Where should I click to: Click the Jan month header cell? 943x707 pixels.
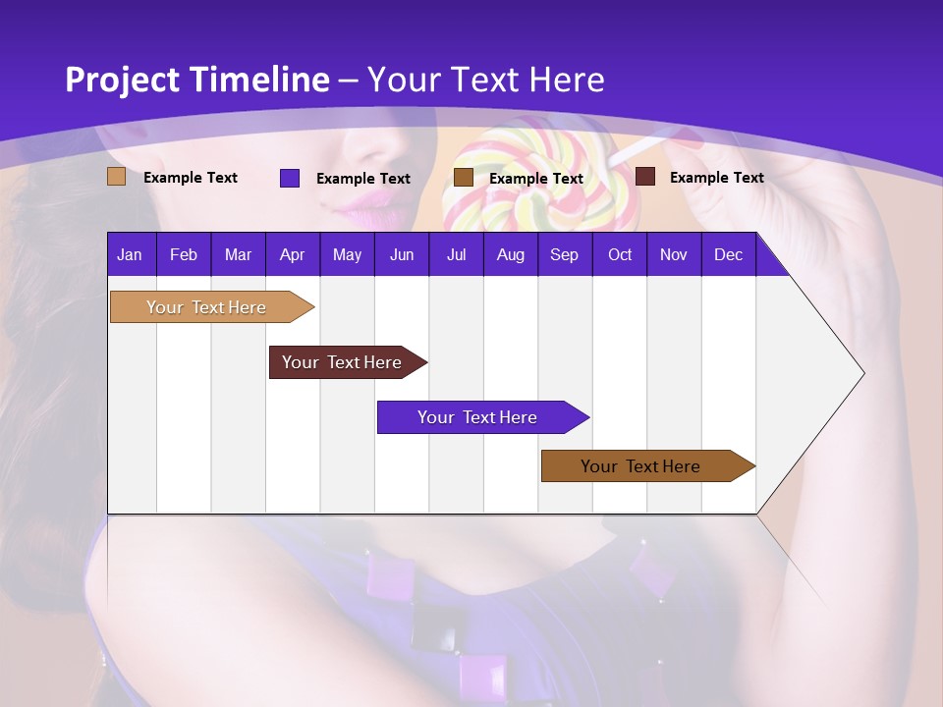point(131,254)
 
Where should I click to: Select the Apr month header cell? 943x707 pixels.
point(292,254)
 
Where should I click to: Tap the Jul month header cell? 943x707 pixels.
point(456,254)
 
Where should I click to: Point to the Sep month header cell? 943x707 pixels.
point(564,254)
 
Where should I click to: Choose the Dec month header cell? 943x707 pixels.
point(728,254)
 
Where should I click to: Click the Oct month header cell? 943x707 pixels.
point(619,254)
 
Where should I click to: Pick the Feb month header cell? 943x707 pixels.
point(184,254)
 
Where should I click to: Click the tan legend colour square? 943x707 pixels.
point(116,177)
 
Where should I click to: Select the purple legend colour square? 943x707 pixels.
point(289,178)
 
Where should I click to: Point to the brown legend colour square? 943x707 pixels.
point(463,178)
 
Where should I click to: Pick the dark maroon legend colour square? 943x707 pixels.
point(644,177)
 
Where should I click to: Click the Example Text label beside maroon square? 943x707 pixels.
point(716,178)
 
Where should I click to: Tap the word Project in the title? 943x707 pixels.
point(122,80)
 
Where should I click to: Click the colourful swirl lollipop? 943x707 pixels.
point(535,177)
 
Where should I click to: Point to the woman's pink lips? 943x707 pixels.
point(365,201)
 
